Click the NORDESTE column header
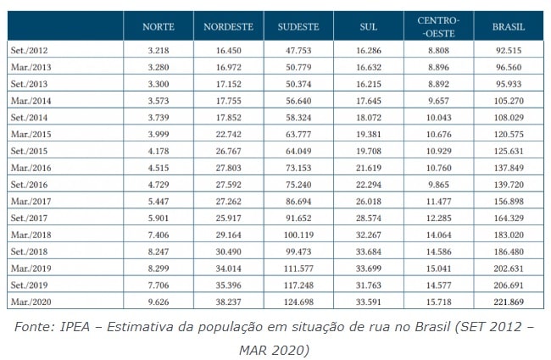tap(229, 27)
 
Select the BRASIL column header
tap(509, 27)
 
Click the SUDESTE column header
tap(299, 27)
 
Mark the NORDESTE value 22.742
tap(228, 132)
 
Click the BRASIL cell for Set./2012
tap(508, 52)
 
